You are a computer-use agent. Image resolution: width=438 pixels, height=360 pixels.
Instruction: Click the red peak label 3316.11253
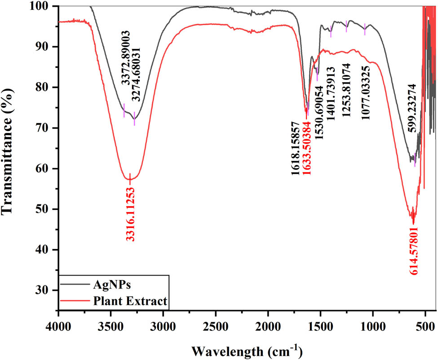coord(130,214)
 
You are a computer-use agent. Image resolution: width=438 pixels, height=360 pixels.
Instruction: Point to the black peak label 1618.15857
coord(296,148)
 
